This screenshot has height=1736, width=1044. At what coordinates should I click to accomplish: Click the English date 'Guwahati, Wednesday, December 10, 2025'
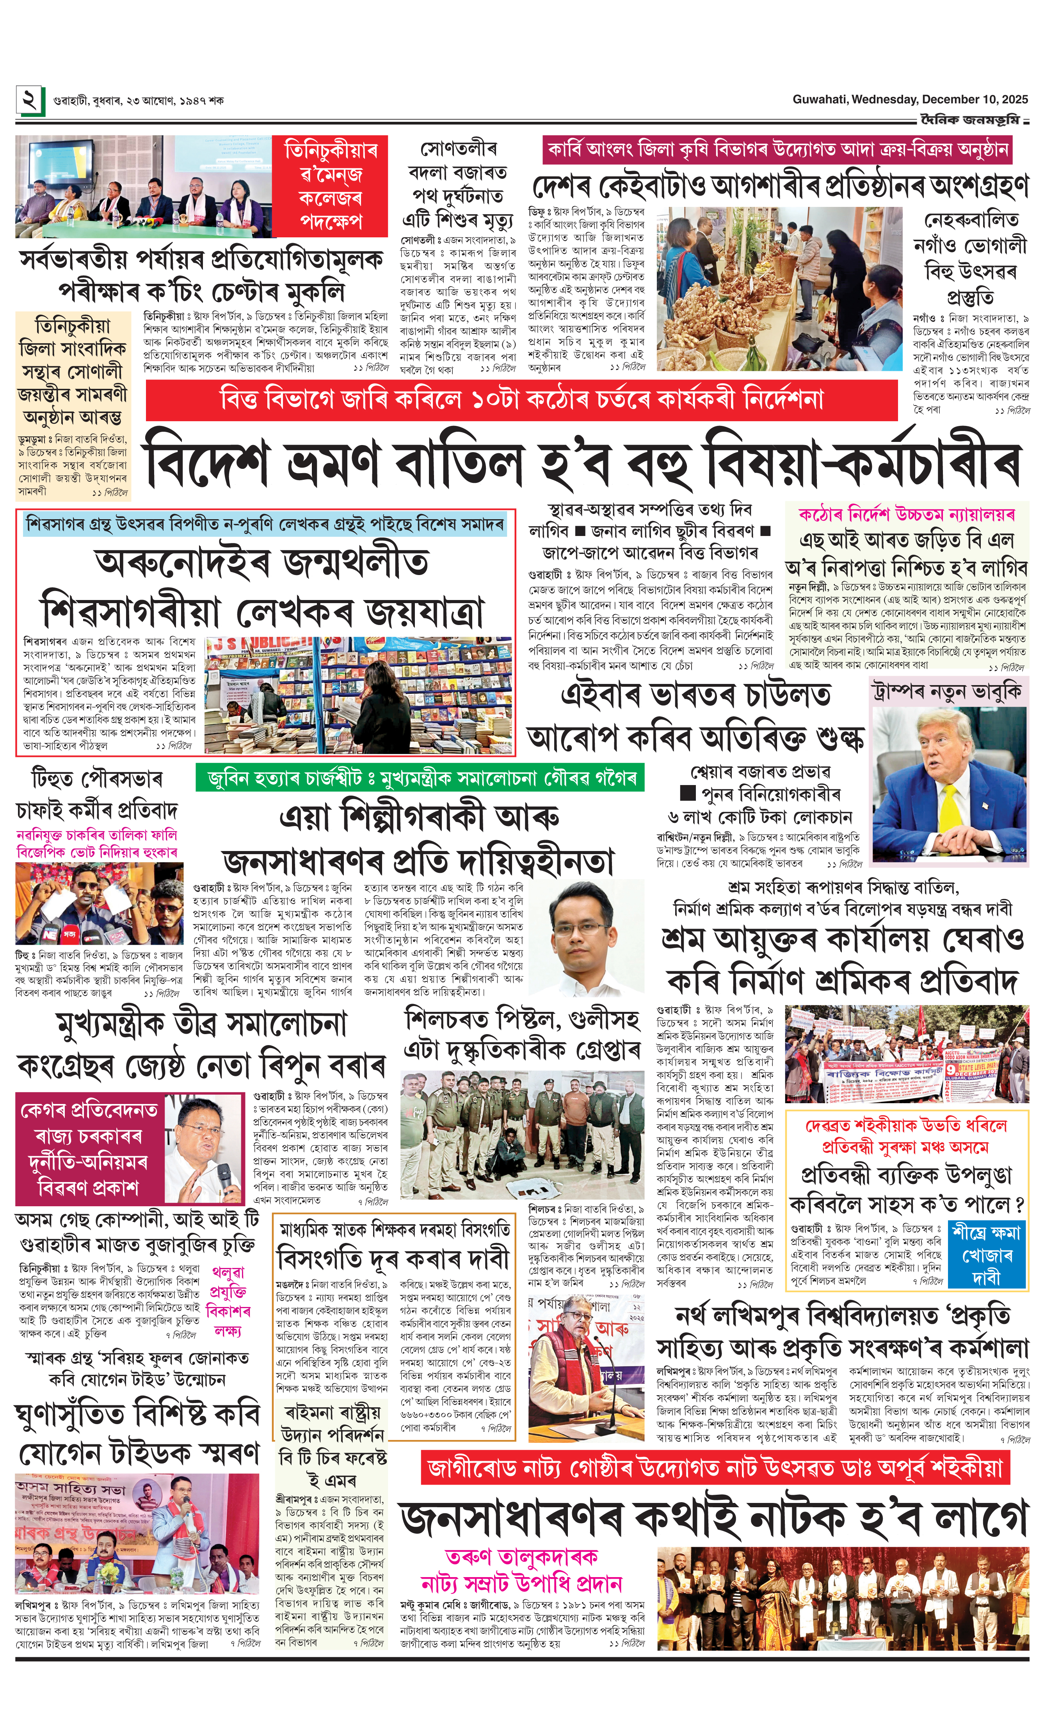click(x=911, y=100)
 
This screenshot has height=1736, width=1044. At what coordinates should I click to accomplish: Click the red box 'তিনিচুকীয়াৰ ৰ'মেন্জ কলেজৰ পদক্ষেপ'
click(x=330, y=186)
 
